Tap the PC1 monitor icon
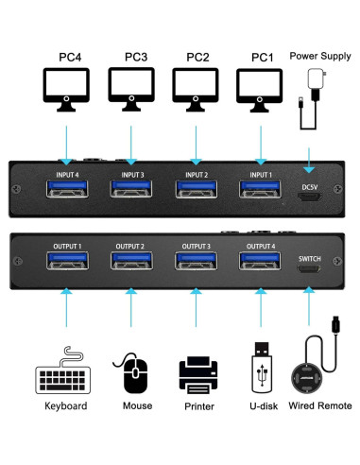[257, 91]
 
